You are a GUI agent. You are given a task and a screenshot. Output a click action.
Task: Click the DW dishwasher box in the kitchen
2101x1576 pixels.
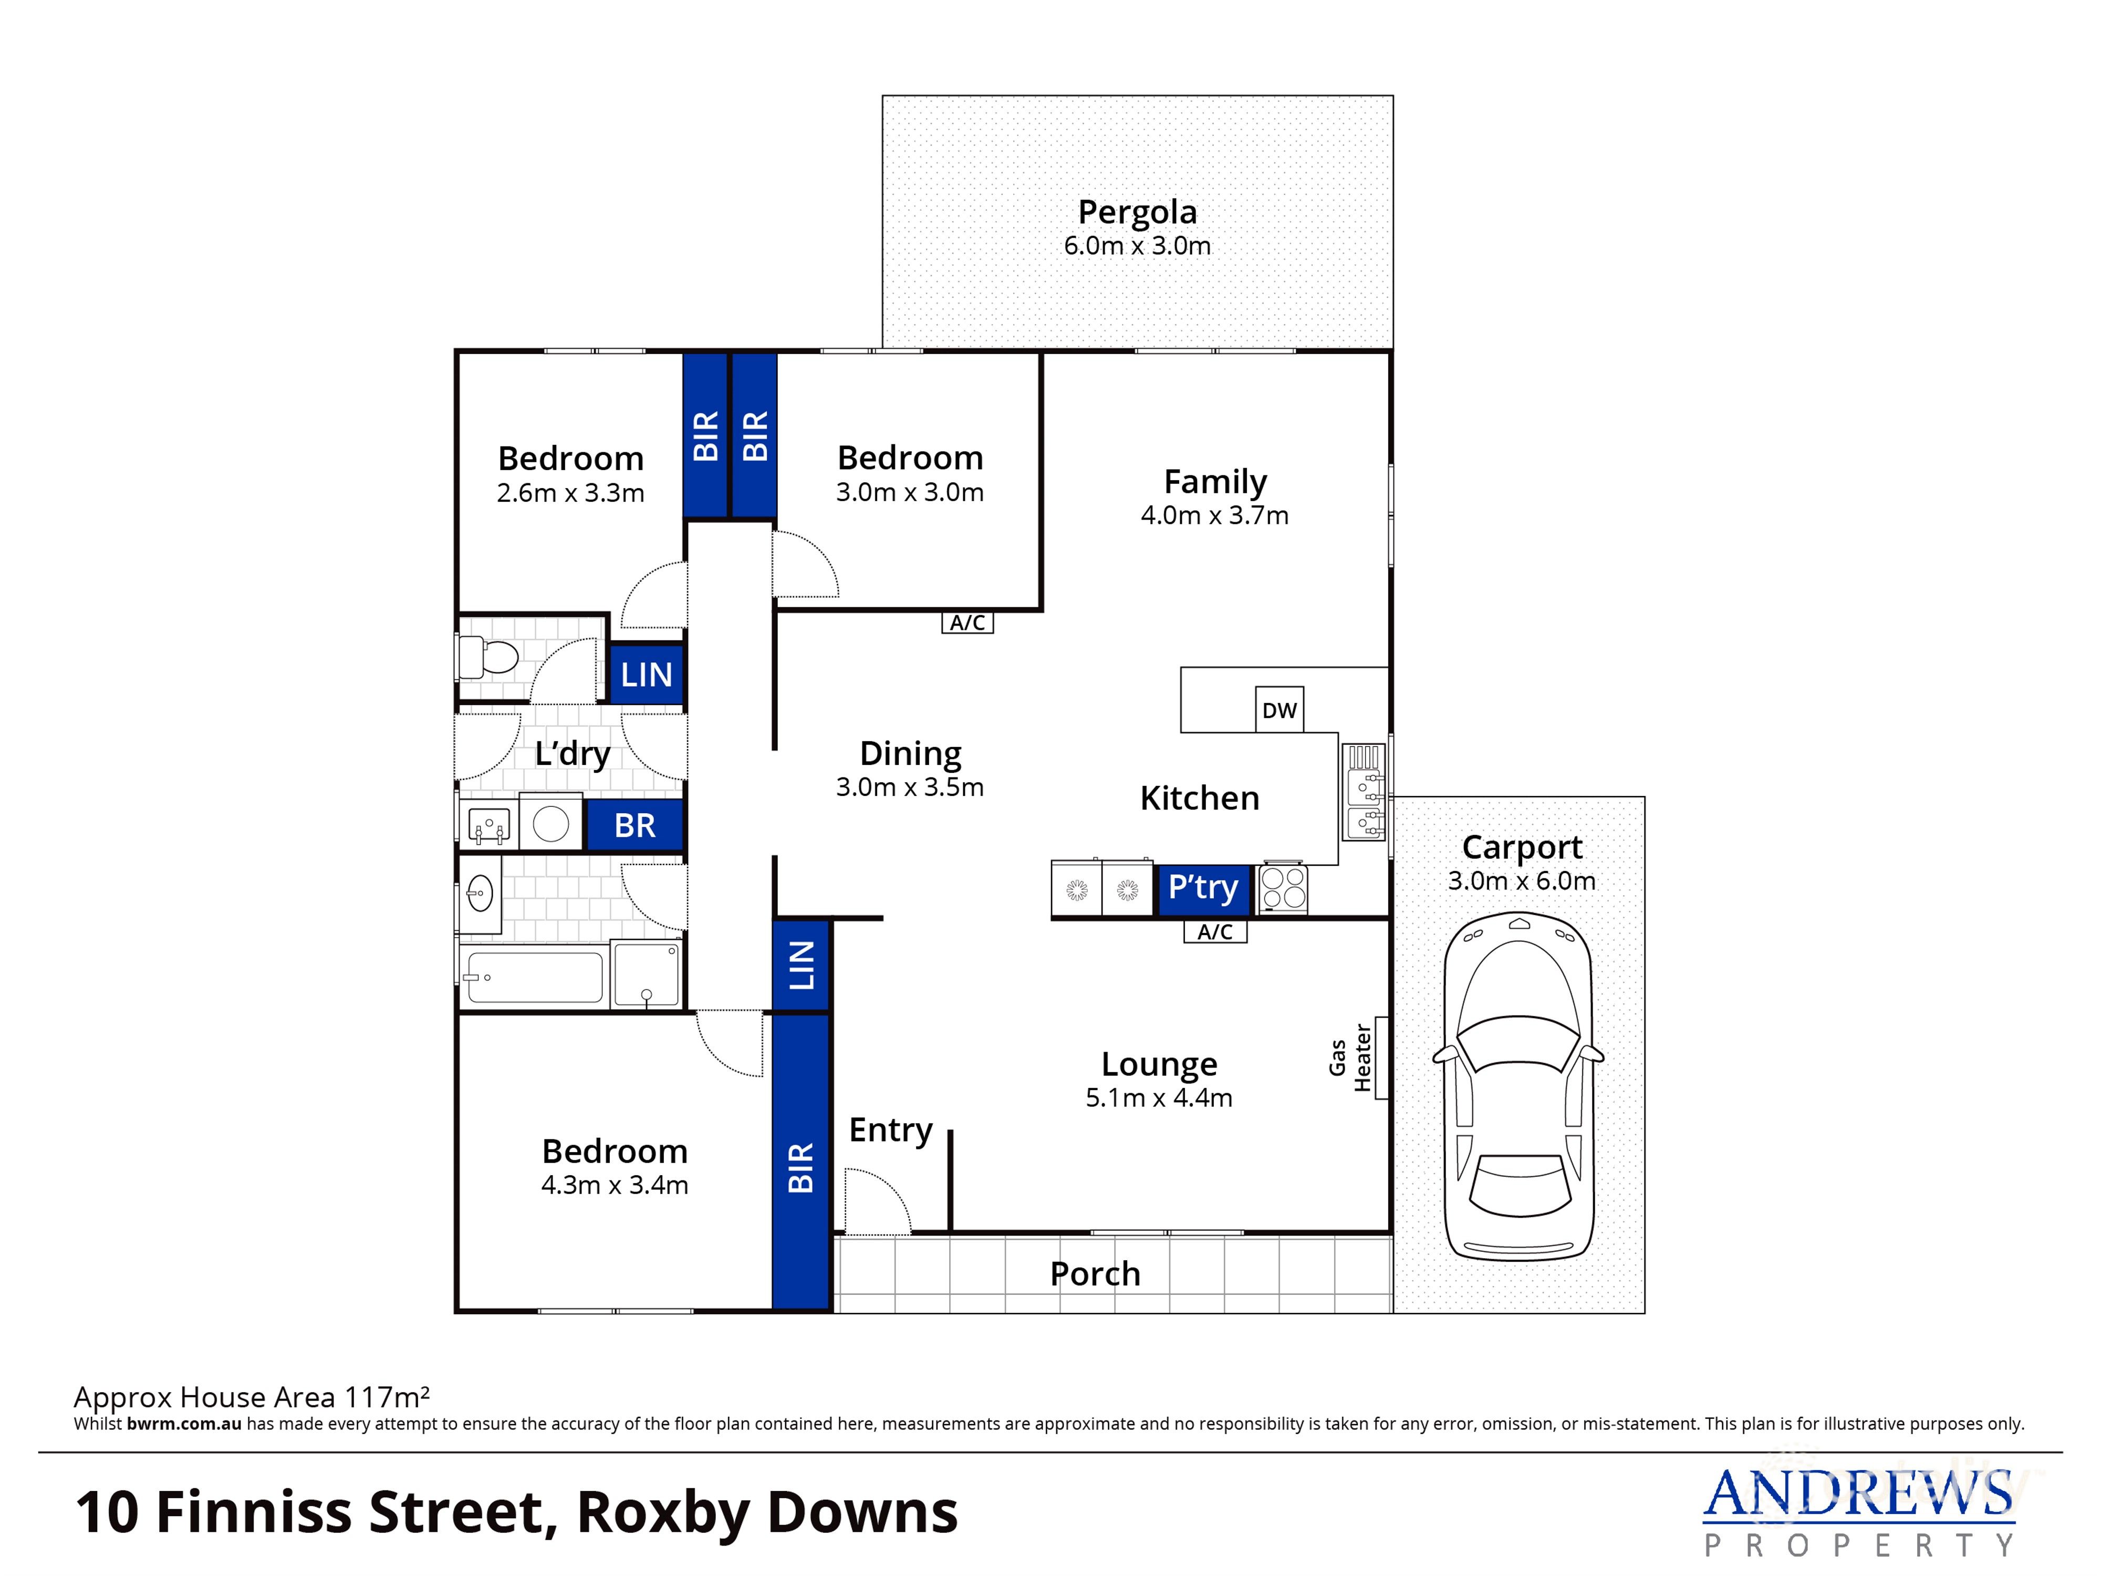(x=1280, y=710)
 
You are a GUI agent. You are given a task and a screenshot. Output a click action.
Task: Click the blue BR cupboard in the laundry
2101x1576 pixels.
(x=635, y=825)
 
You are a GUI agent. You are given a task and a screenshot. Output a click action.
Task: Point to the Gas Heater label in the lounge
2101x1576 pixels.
(x=1350, y=1057)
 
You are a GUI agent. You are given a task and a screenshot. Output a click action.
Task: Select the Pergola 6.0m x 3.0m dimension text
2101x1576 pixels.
(x=1137, y=246)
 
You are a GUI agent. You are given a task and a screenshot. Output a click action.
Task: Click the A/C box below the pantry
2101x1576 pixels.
(x=1215, y=932)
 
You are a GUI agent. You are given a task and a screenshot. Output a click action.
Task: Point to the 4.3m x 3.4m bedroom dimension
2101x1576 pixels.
(x=615, y=1185)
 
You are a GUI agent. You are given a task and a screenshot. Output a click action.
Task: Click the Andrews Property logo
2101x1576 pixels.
(x=1857, y=1510)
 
